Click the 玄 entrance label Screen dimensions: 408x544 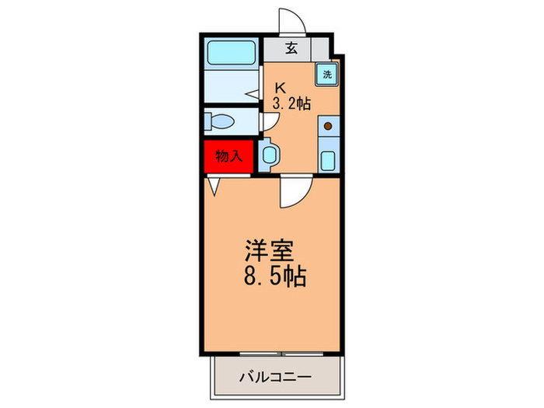pos(291,48)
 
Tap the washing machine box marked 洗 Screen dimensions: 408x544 pos(326,75)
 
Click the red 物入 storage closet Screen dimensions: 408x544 pos(228,155)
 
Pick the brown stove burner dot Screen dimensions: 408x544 pos(328,125)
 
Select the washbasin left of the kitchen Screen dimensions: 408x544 pos(269,153)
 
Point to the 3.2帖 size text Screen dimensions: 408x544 pos(291,104)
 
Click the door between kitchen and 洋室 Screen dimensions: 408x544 pos(297,190)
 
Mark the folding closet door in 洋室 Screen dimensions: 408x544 pos(214,187)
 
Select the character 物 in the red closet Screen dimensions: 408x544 pos(221,155)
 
